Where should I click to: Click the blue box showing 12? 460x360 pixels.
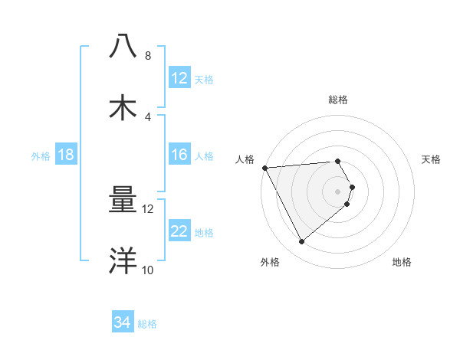pyautogui.click(x=179, y=78)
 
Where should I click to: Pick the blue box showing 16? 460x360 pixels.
pyautogui.click(x=179, y=155)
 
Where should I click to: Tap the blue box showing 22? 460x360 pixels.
pyautogui.click(x=179, y=231)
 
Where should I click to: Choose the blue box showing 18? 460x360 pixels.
pyautogui.click(x=66, y=155)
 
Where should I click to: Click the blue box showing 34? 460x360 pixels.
pyautogui.click(x=123, y=322)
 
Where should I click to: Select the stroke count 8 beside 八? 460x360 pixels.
pyautogui.click(x=147, y=56)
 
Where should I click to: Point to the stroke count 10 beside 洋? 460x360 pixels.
pyautogui.click(x=147, y=270)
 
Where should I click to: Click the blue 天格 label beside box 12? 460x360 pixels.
pyautogui.click(x=204, y=79)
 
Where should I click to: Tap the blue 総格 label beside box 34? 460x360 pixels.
pyautogui.click(x=147, y=323)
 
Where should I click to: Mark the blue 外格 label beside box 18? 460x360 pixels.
pyautogui.click(x=41, y=155)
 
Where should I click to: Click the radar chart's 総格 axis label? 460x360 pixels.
pyautogui.click(x=337, y=100)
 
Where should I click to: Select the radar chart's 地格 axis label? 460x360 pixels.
pyautogui.click(x=402, y=262)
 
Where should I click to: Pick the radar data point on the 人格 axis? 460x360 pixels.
pyautogui.click(x=264, y=167)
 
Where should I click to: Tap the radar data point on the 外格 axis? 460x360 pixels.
pyautogui.click(x=302, y=242)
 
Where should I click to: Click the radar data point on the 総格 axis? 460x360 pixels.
pyautogui.click(x=337, y=161)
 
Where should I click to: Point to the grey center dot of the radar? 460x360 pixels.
pyautogui.click(x=337, y=190)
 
